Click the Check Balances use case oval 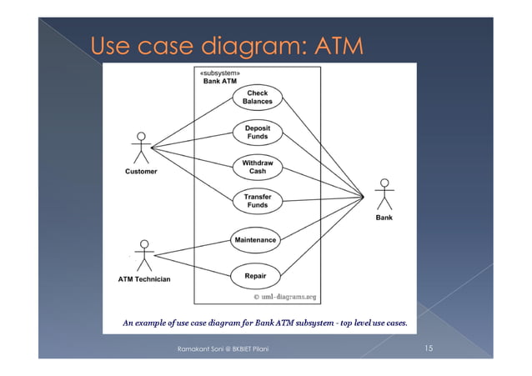(257, 98)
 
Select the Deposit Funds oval (257, 132)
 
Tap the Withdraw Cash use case (257, 167)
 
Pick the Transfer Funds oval (257, 201)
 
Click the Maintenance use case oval (255, 240)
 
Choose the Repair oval (255, 275)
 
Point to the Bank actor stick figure (384, 196)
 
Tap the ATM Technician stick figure (145, 256)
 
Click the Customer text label (141, 172)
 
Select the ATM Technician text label (143, 279)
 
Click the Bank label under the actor (384, 218)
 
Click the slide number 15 (428, 348)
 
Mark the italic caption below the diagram (264, 322)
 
